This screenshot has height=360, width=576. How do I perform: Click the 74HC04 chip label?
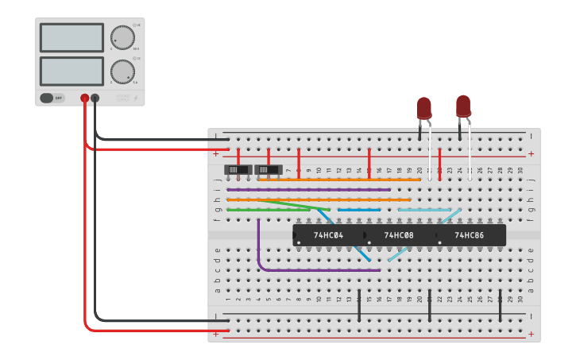click(x=327, y=235)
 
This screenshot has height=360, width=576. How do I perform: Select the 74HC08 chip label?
click(x=399, y=235)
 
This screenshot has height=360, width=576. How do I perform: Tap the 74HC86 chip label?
click(x=470, y=235)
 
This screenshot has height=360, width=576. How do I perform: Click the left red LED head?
click(x=424, y=108)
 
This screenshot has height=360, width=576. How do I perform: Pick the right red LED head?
click(x=463, y=106)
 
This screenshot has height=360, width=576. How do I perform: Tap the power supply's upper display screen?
click(x=72, y=37)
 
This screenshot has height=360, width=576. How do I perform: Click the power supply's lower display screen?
click(x=72, y=71)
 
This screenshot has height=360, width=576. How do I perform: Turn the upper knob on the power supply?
click(x=123, y=37)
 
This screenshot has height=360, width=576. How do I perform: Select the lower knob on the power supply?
click(x=123, y=72)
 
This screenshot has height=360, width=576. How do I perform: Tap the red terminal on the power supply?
click(x=85, y=98)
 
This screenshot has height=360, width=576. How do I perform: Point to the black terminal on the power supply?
click(x=95, y=98)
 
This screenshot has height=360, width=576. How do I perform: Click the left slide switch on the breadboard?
click(x=238, y=169)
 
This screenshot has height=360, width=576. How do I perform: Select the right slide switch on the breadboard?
click(x=269, y=169)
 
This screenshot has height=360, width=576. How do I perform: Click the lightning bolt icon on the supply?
click(x=136, y=99)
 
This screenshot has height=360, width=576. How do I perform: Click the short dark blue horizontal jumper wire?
click(x=359, y=210)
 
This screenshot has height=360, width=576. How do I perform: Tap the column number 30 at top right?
click(x=520, y=170)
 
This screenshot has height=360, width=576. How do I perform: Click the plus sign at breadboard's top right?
click(x=531, y=153)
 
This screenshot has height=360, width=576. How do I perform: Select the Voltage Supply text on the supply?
click(x=123, y=98)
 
